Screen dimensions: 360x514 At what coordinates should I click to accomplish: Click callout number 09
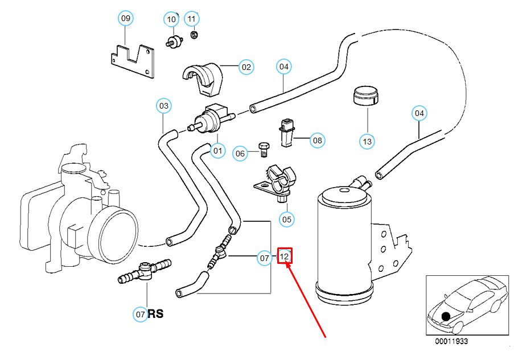click(x=126, y=18)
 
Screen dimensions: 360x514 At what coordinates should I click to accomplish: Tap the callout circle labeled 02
click(x=245, y=67)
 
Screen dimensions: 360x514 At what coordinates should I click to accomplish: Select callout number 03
click(x=164, y=106)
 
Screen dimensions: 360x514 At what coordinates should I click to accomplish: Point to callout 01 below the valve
click(x=217, y=151)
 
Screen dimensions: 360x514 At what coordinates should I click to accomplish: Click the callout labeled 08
click(x=317, y=140)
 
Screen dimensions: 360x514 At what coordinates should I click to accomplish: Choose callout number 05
click(x=286, y=218)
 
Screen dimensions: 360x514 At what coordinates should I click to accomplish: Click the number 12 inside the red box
click(x=285, y=256)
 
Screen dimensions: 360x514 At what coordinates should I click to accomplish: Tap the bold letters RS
click(x=156, y=314)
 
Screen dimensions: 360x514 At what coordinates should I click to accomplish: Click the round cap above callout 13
click(x=366, y=96)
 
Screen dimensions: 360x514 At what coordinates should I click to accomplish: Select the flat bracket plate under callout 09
click(x=132, y=61)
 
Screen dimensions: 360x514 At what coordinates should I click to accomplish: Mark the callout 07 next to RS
click(x=141, y=314)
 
